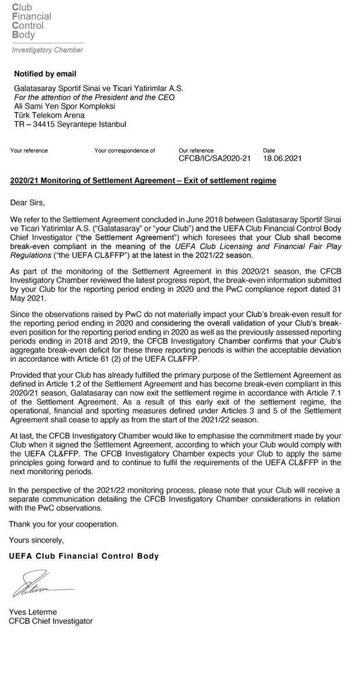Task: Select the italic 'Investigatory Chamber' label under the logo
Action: pos(48,50)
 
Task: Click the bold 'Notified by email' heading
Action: pos(45,74)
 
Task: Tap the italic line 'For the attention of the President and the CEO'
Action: pos(94,97)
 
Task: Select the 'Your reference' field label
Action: pos(29,150)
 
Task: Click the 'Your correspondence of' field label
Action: pos(124,150)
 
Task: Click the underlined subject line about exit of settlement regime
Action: pos(143,181)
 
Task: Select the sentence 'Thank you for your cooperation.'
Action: pos(63,524)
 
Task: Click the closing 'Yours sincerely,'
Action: pos(37,540)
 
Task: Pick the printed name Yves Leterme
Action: pos(33,612)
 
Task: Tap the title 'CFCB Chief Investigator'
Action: pos(51,621)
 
